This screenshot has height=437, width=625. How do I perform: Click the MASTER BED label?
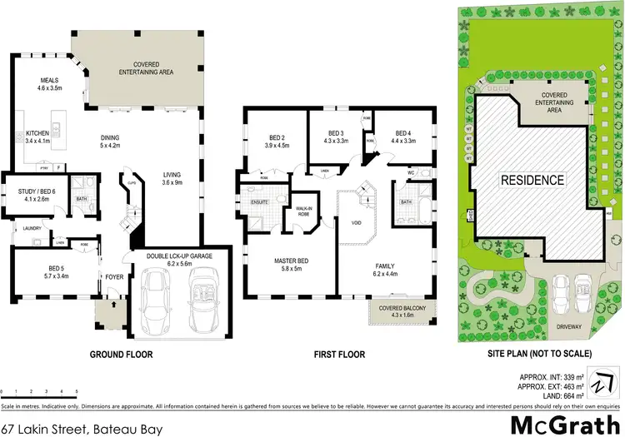292,261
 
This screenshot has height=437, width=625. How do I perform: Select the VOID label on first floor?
356,223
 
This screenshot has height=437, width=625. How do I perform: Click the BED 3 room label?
336,134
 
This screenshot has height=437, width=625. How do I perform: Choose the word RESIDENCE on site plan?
532,180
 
